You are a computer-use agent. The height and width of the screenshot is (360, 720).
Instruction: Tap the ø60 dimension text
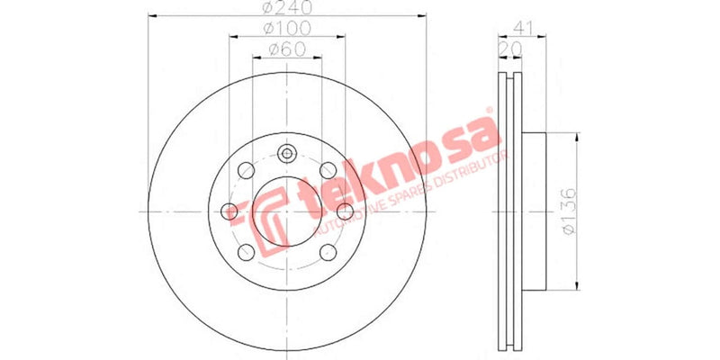tap(286, 49)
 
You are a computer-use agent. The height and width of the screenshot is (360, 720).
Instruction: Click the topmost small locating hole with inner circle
tap(287, 154)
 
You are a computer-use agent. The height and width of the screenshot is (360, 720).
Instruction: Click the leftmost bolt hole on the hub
tap(230, 212)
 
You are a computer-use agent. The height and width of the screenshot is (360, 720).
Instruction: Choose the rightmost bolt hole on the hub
tap(345, 212)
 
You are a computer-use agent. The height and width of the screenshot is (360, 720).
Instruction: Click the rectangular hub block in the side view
tap(535, 211)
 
